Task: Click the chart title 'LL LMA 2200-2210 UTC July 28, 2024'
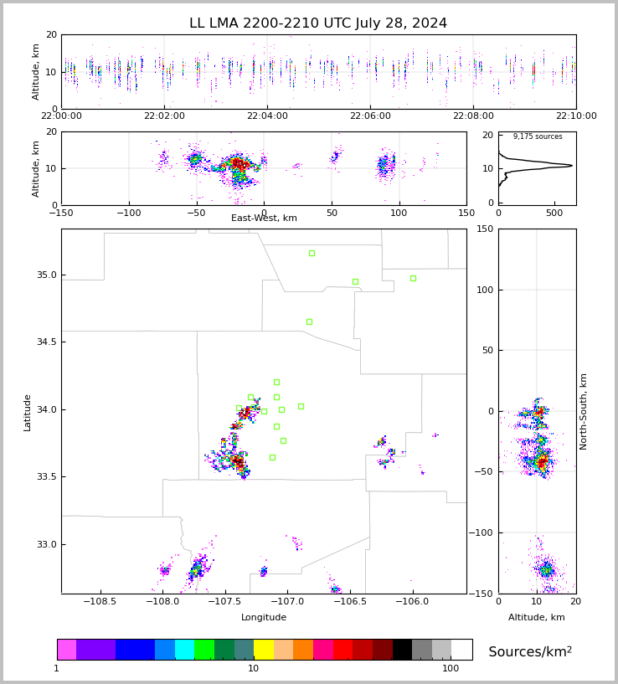318,23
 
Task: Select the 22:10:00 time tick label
576,116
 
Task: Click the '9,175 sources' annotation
538,136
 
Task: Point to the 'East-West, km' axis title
264,219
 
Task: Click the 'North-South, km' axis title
584,411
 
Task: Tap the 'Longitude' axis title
264,617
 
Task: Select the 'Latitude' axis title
28,411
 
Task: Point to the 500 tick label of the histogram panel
554,213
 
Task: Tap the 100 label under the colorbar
451,669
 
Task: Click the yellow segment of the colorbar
264,650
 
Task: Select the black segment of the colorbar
402,650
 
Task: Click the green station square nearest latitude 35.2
312,253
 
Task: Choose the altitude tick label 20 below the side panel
576,602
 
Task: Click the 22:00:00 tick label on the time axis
61,116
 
